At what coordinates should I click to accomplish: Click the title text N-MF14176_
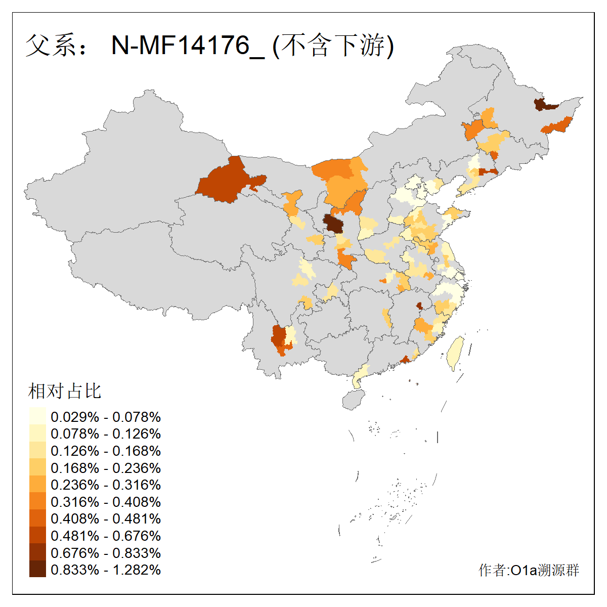188,46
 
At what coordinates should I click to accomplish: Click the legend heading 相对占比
65,391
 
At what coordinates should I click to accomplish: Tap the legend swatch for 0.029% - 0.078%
37,416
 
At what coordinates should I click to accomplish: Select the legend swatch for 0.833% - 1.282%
37,570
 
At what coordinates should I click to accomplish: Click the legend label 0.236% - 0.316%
106,485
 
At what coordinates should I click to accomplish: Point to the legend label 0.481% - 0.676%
106,536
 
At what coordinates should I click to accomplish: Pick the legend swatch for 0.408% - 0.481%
37,518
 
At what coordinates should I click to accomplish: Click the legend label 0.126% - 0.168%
106,451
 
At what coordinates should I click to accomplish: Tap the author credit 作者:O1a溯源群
529,570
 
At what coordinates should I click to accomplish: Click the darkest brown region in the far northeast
543,105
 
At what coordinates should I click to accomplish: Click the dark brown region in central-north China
333,223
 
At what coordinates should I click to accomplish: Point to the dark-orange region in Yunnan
278,338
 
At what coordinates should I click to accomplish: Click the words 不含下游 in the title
333,46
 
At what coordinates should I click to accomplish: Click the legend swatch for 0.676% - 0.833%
37,552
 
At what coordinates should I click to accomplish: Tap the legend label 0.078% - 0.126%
106,433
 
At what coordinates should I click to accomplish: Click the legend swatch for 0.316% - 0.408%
37,501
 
